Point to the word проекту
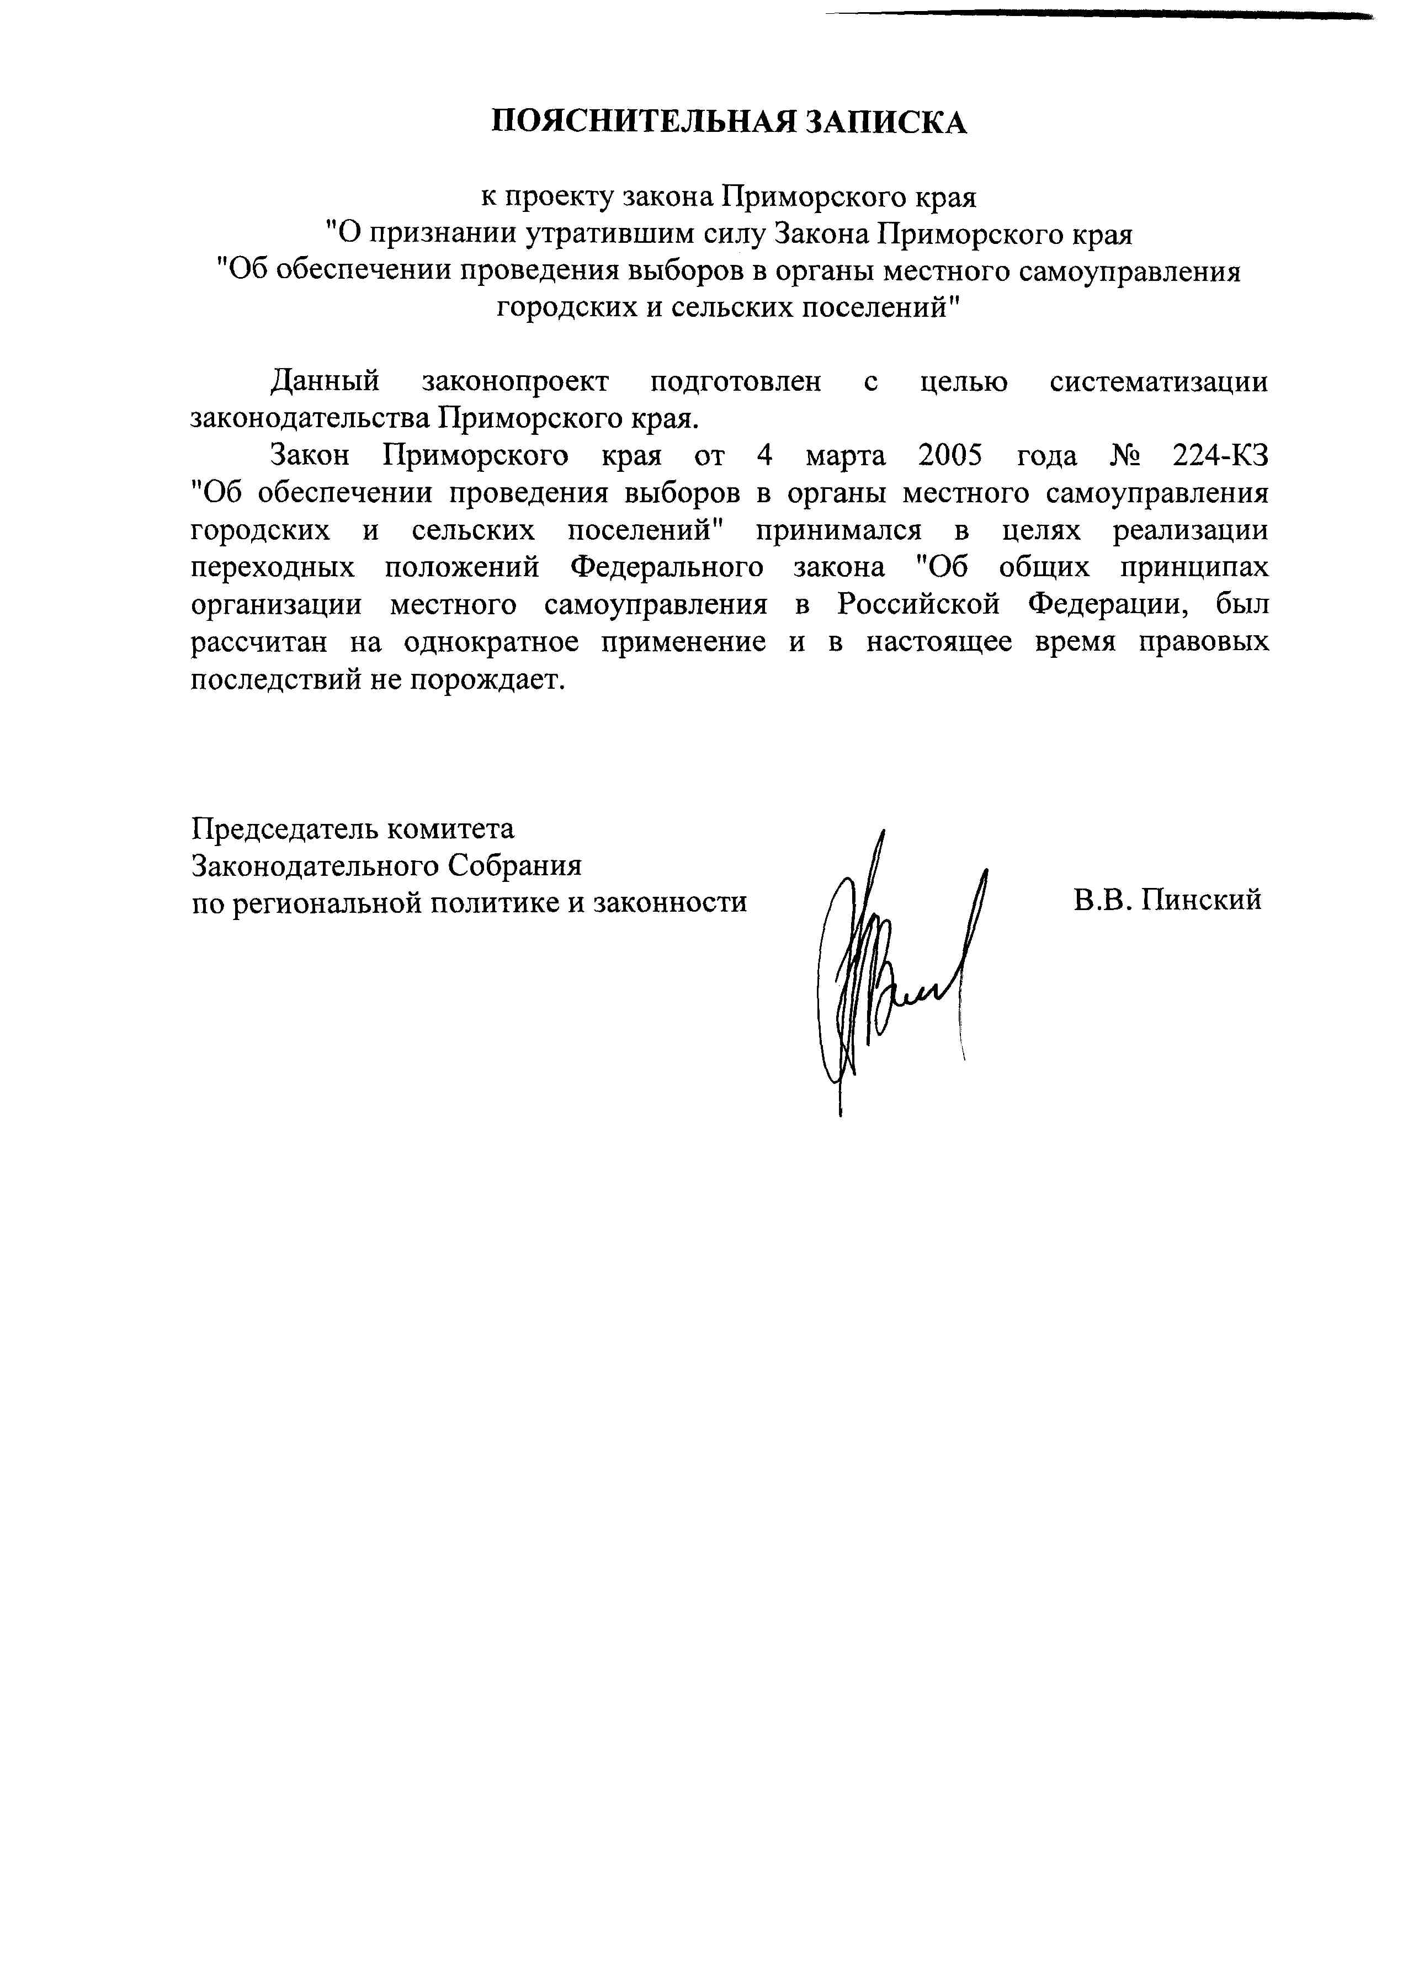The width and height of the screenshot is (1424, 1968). click(564, 198)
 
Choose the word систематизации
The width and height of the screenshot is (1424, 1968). click(1159, 382)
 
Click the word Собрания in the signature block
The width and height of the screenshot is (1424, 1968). click(514, 866)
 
